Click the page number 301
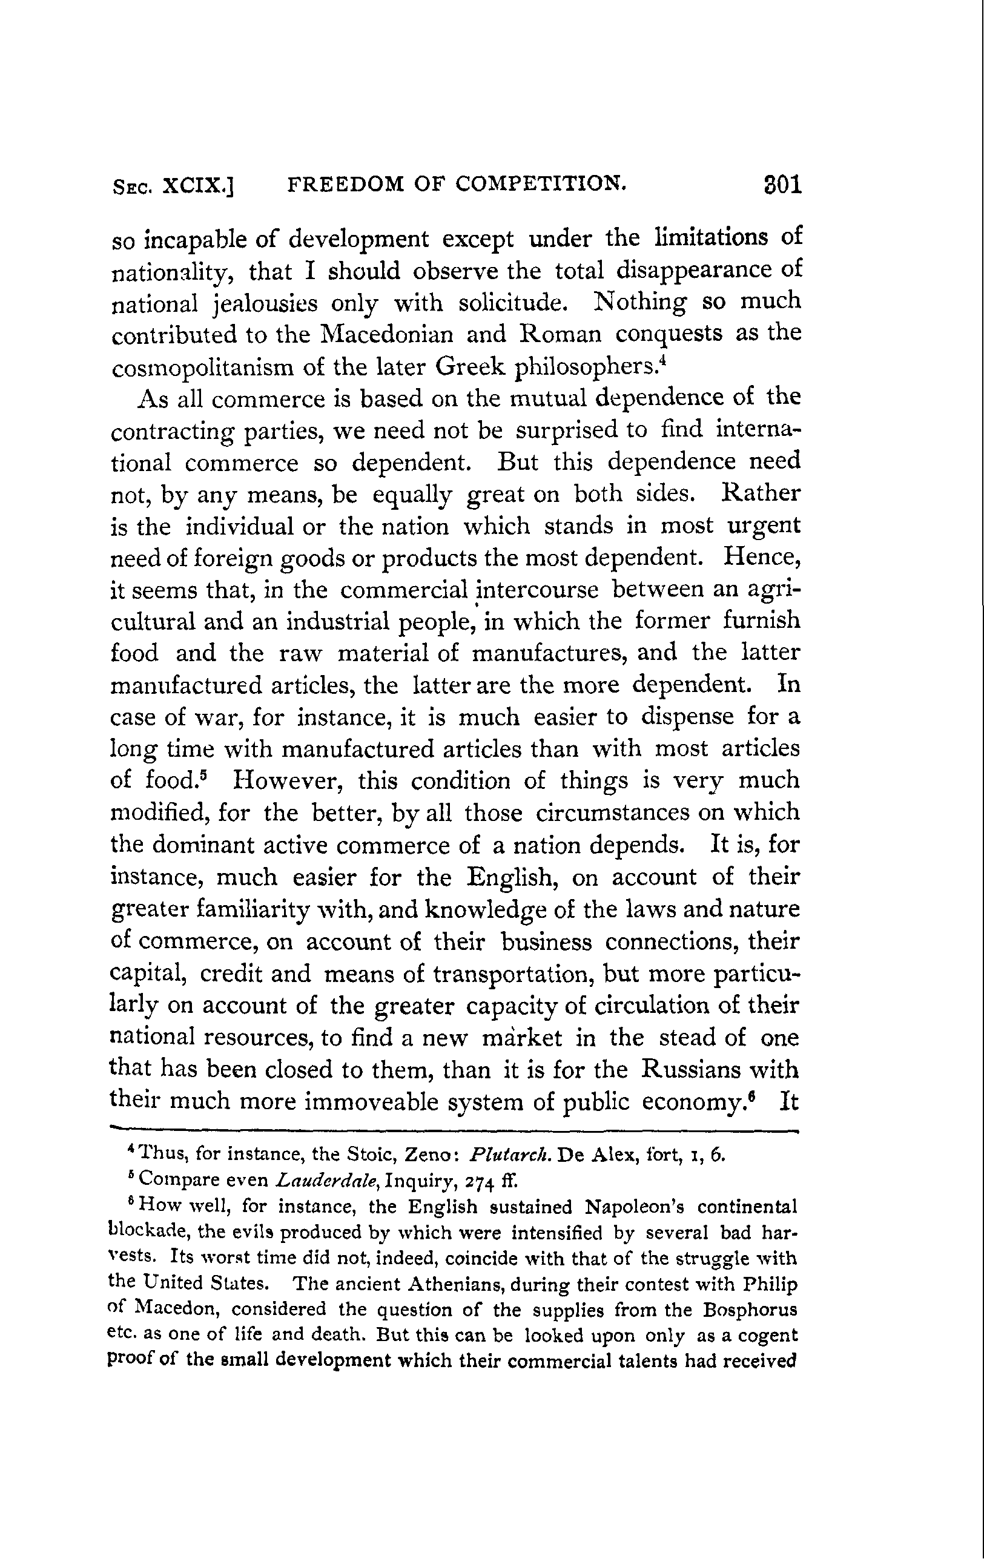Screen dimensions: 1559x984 pyautogui.click(x=782, y=186)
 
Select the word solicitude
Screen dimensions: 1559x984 pyautogui.click(x=513, y=302)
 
